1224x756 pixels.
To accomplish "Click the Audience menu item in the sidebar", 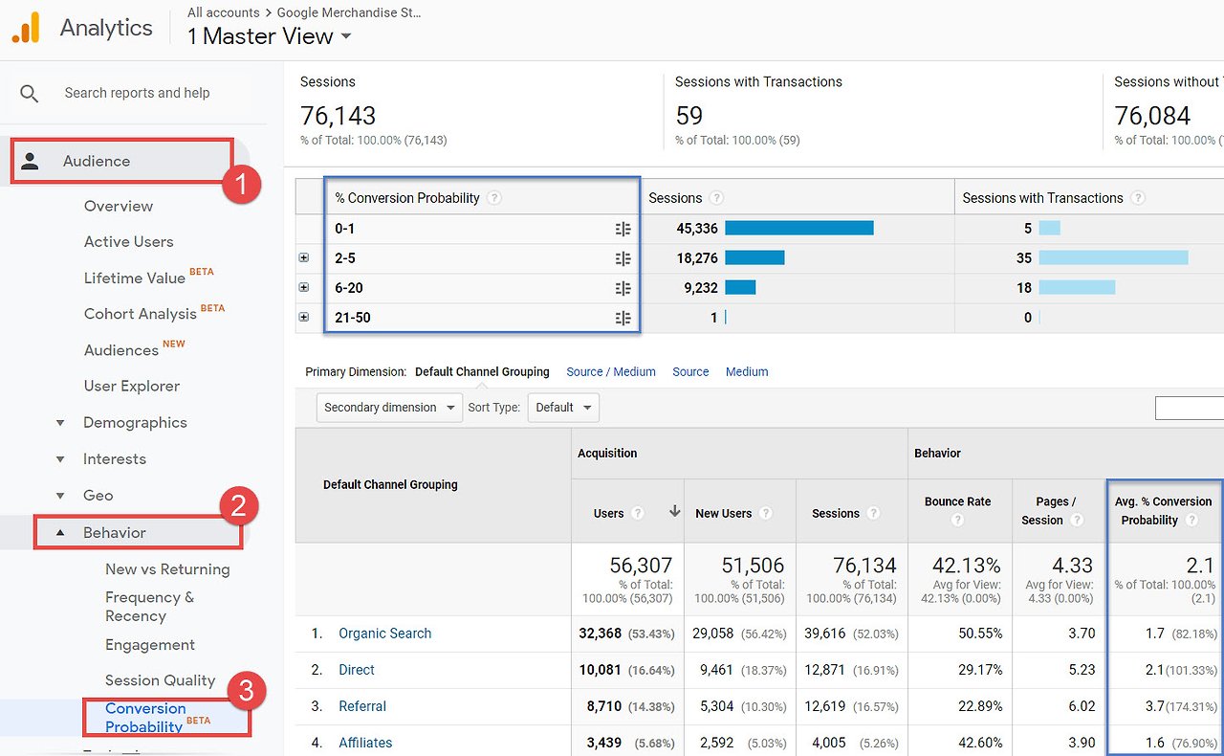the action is pos(97,161).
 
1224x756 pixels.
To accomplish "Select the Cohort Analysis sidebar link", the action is pos(140,314).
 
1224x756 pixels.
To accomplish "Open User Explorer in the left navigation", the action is pos(132,387).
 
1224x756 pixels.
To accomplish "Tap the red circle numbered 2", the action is pos(239,505).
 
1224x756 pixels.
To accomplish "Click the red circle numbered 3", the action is pos(247,690).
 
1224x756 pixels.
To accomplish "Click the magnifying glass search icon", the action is pos(29,94).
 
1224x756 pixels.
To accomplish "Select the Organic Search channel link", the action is pos(384,634).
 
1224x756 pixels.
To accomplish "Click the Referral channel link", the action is pos(362,706).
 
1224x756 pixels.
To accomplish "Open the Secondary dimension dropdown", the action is pos(389,408).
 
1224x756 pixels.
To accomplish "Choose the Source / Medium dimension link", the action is pos(610,372).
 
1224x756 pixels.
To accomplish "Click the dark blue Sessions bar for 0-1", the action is pos(798,228).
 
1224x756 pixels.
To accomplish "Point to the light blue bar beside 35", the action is pos(1113,257).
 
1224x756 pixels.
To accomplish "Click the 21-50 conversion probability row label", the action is pos(353,318).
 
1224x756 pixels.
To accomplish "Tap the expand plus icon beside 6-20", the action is pos(304,287).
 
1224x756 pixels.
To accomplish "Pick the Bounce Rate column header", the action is pos(957,501).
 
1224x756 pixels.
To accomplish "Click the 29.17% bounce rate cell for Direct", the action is pos(980,670).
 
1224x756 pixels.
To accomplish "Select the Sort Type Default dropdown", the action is pos(563,408).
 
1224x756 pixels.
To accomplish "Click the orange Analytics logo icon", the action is pos(26,28).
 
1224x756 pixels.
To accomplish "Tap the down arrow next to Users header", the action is pos(675,511).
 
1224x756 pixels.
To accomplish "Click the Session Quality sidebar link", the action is pos(160,680).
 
